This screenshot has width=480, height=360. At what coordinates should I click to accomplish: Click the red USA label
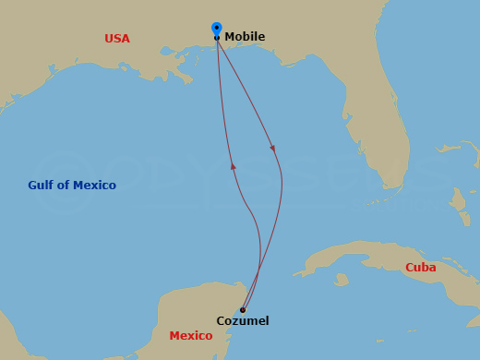coord(117,39)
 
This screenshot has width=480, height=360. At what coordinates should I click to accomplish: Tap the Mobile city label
coord(245,37)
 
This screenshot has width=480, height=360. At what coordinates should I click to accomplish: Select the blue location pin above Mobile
coord(216,29)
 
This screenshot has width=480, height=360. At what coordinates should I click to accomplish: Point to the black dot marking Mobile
coord(217,38)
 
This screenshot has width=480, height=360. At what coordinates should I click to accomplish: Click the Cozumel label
coord(243,321)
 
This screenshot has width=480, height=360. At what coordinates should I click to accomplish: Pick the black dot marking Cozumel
coord(242,310)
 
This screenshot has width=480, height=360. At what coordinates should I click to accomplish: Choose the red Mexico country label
coord(191,336)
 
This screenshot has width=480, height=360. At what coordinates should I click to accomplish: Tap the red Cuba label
coord(420,268)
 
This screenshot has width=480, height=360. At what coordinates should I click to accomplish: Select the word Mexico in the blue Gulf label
coord(96,186)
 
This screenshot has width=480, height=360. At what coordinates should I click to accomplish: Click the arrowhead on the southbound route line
coord(272,147)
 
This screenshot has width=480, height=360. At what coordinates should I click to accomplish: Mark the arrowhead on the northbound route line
coord(233,166)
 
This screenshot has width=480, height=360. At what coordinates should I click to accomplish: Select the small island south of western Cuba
coord(342,278)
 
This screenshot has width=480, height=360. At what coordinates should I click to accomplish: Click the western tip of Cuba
coord(295,273)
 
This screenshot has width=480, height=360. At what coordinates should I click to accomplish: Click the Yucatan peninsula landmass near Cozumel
coord(198,314)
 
